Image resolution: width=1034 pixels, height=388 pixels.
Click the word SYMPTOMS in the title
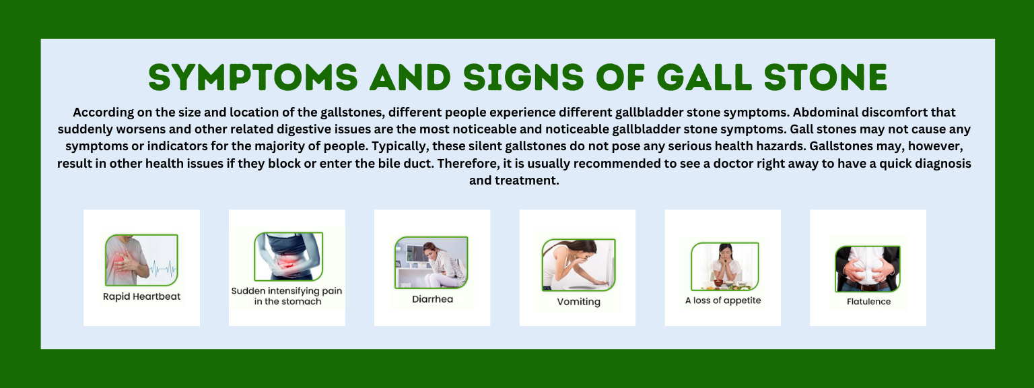point(253,77)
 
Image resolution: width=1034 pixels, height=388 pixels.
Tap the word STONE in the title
point(825,77)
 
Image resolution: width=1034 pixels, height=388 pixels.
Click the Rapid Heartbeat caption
point(142,296)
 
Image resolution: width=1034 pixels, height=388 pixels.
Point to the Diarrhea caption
point(433,299)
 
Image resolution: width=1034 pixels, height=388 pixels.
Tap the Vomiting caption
point(578,302)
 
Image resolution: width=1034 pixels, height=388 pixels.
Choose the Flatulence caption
point(869,302)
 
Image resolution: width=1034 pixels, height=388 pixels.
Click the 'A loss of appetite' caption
point(723,300)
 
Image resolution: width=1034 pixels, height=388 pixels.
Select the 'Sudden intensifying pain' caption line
point(287,291)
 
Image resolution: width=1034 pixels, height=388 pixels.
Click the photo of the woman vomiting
point(578,265)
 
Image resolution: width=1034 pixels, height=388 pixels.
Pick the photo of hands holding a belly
point(868,269)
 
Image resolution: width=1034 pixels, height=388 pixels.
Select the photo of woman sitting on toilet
point(431,262)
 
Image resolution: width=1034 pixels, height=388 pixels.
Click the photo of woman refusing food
point(725,267)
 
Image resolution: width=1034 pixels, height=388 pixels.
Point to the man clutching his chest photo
point(142,260)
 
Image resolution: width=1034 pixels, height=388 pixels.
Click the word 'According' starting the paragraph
point(104,112)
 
